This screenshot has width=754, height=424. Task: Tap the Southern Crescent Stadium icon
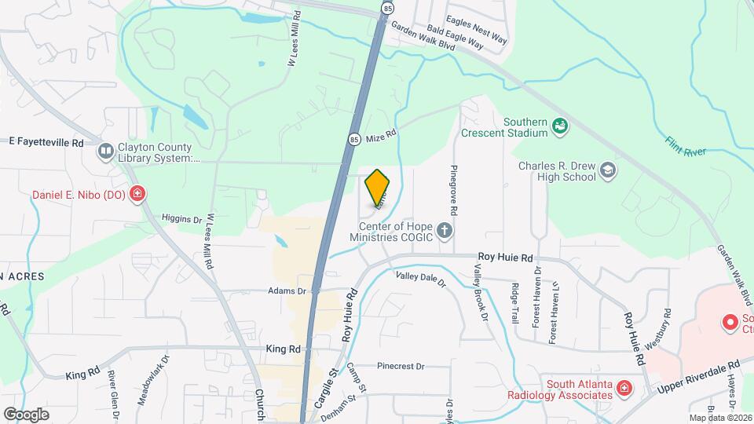tap(560, 125)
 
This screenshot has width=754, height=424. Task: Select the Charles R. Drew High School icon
tap(607, 170)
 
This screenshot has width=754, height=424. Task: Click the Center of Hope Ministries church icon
tap(445, 231)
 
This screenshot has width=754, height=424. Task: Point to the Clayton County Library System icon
tap(104, 151)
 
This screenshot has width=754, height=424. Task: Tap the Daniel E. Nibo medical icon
tap(137, 194)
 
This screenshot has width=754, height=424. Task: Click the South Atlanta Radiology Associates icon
tap(624, 388)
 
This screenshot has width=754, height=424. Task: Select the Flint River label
tap(686, 147)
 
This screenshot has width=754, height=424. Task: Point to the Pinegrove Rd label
tap(453, 191)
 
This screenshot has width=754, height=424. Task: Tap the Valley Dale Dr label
tap(420, 277)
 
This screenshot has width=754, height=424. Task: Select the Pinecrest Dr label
tap(400, 366)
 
